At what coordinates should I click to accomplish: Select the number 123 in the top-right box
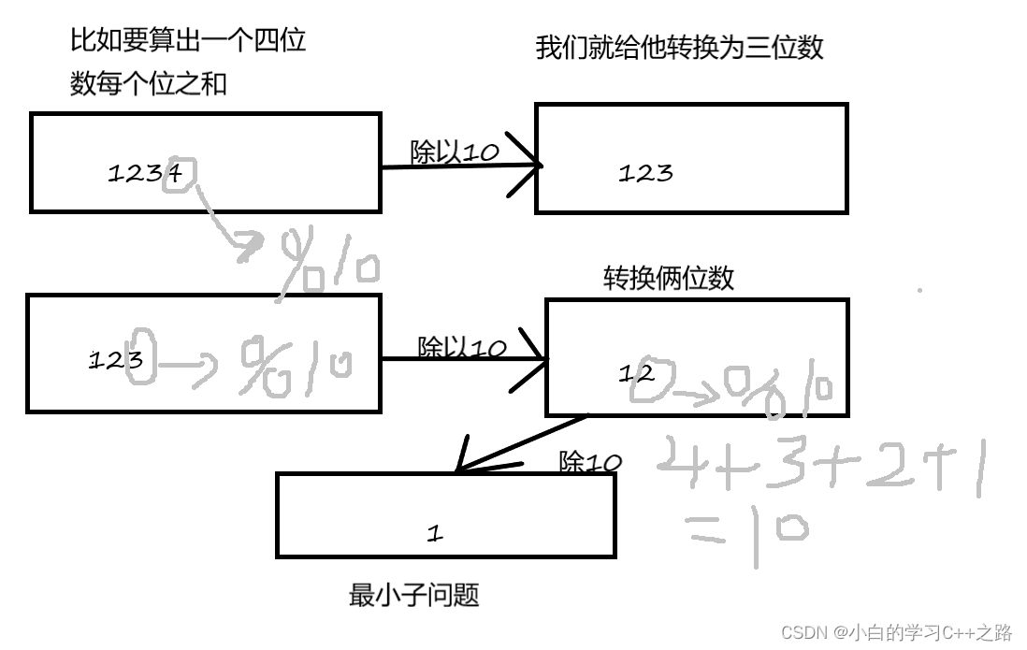[645, 173]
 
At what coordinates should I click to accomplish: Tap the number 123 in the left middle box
[115, 360]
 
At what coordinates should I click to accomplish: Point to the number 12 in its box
[636, 373]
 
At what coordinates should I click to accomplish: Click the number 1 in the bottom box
[434, 533]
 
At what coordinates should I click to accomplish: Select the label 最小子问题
[413, 595]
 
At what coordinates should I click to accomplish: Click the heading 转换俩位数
[668, 278]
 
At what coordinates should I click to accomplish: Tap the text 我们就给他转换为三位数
[679, 48]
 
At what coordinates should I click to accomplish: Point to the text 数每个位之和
[148, 84]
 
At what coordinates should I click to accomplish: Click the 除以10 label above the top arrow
[455, 152]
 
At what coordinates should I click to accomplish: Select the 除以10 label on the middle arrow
[461, 348]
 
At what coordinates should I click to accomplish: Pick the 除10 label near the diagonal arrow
[589, 462]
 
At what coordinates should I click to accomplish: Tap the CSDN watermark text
[896, 632]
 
